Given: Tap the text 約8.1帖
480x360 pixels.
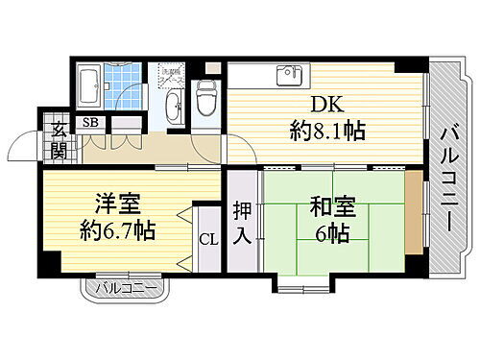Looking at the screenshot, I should (327, 132).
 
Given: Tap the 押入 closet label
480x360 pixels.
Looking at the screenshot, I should (243, 223).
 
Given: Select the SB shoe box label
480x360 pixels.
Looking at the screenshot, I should (89, 122).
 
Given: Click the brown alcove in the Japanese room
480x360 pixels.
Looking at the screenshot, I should (412, 214).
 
